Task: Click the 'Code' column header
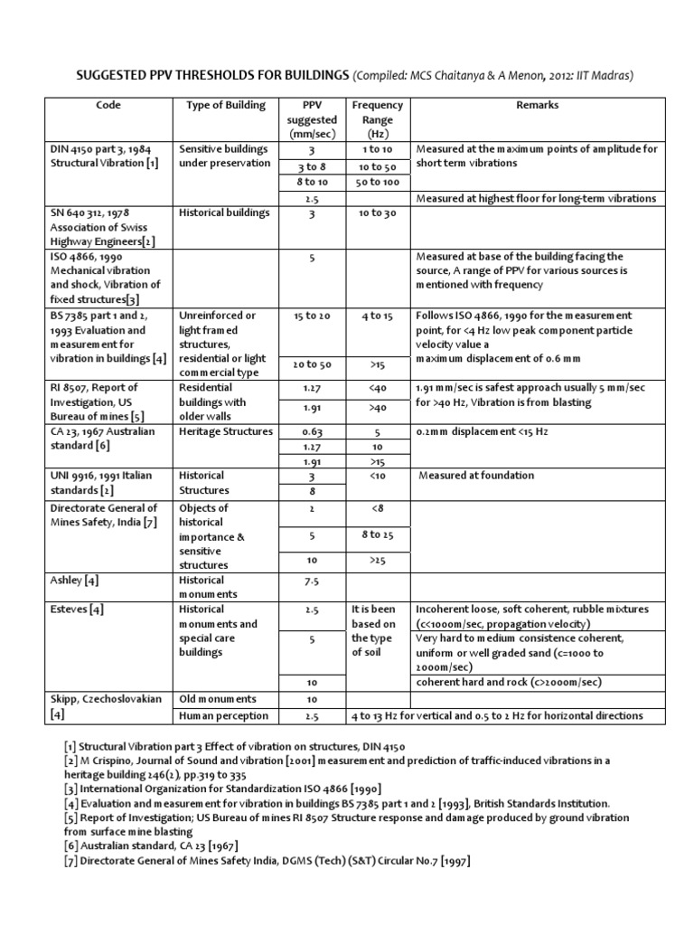[x=108, y=105]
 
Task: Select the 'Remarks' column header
[x=537, y=105]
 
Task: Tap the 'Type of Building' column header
[x=226, y=105]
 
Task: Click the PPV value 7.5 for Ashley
[x=313, y=581]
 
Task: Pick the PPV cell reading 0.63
[x=313, y=431]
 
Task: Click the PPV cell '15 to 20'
[x=313, y=316]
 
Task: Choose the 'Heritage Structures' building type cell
[x=226, y=431]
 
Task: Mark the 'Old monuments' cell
[x=218, y=699]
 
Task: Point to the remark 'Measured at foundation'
[x=476, y=476]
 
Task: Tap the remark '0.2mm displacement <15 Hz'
[x=484, y=431]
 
